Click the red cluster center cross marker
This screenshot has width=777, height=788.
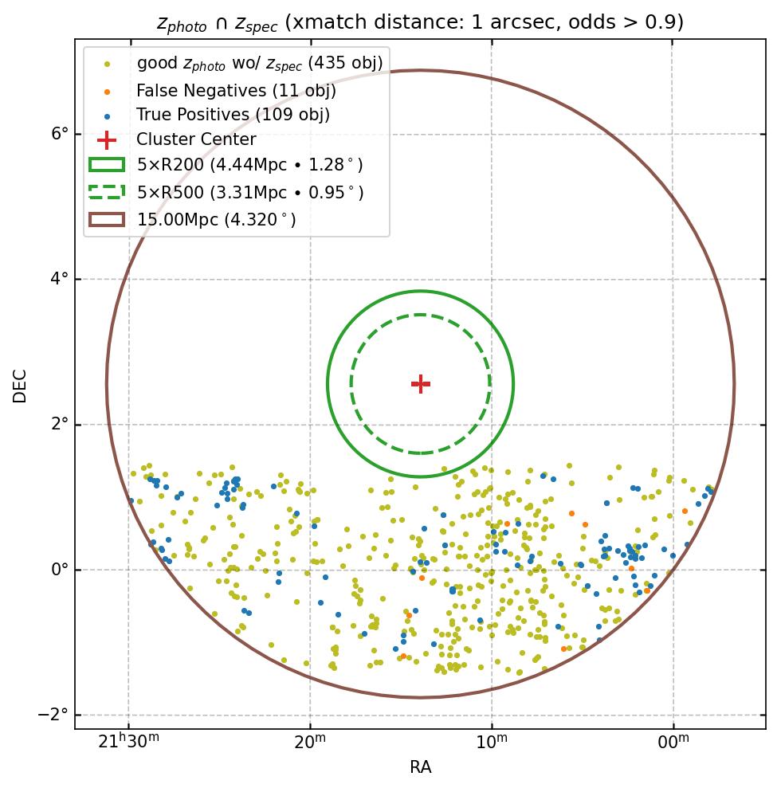coord(421,384)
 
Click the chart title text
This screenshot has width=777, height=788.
coord(420,22)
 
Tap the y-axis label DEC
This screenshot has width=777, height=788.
coord(20,385)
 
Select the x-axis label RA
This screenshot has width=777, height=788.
coord(420,767)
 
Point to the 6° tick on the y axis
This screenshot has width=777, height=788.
coord(60,134)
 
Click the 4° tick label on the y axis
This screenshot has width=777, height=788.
coord(60,280)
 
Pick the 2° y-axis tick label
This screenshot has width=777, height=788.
coord(60,425)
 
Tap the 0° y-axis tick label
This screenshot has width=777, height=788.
coord(60,570)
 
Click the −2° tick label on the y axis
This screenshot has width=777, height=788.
coord(54,715)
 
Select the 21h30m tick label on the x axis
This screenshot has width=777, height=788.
coord(128,742)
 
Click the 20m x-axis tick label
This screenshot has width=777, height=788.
coord(310,742)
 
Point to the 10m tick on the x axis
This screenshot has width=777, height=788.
coord(492,742)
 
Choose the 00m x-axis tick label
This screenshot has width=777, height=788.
coord(673,742)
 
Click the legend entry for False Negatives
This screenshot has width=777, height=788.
coord(236,91)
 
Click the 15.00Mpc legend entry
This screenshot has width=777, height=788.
coord(216,219)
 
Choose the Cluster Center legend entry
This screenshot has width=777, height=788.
coord(196,140)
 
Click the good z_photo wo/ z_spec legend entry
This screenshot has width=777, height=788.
coord(260,63)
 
